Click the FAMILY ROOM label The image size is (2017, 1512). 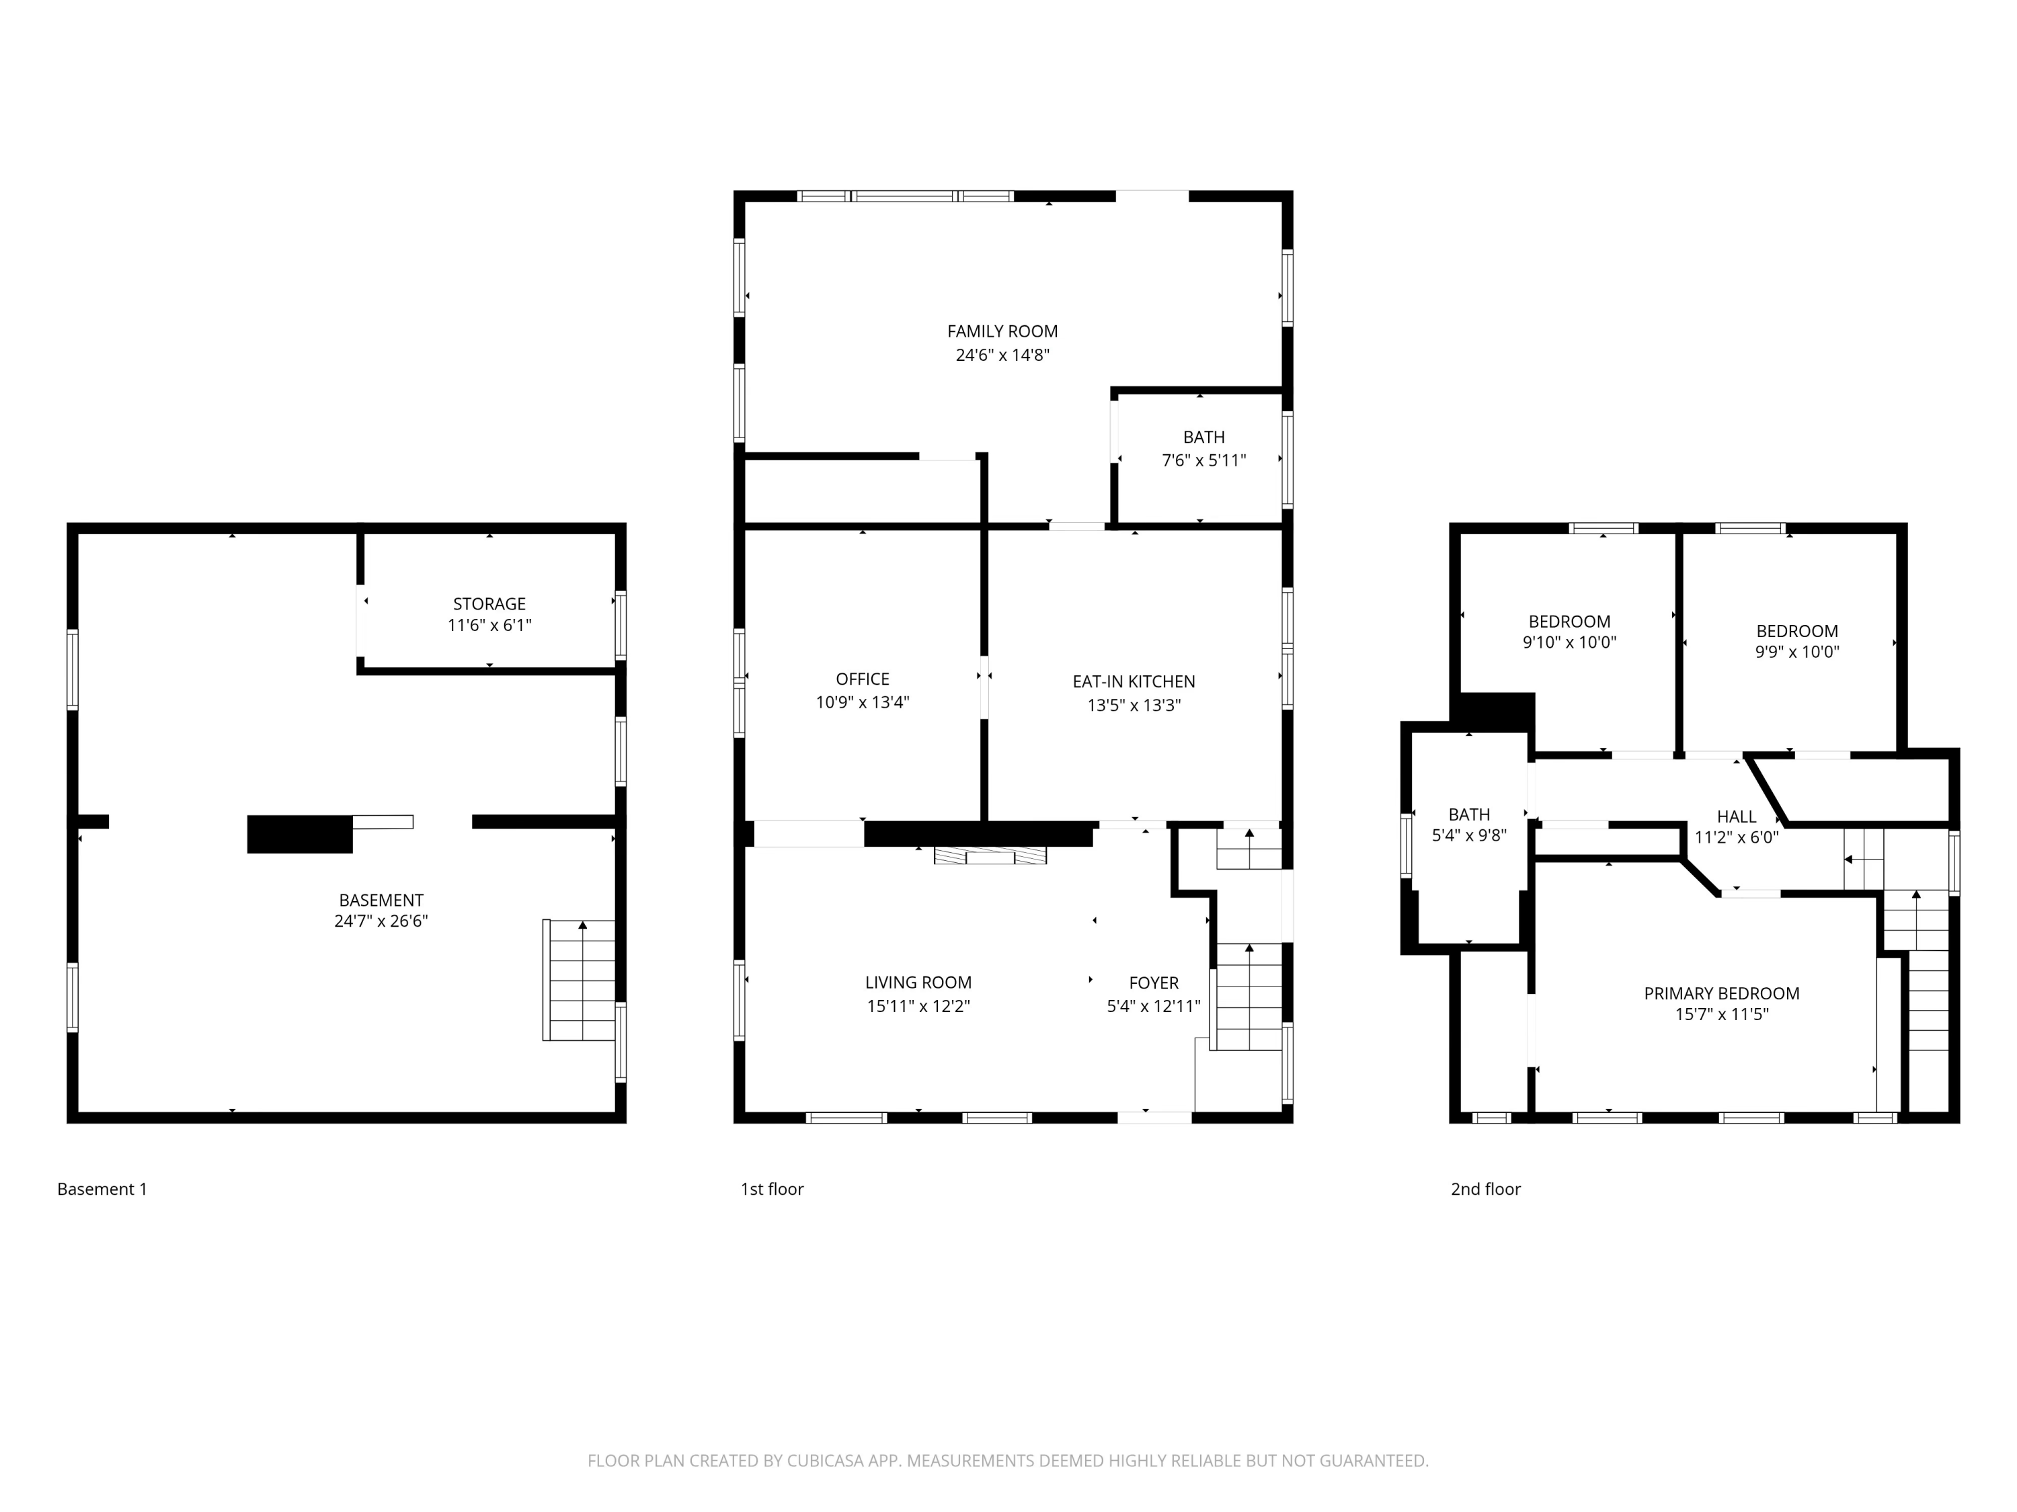pyautogui.click(x=1002, y=332)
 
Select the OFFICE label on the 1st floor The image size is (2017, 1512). pyautogui.click(x=862, y=679)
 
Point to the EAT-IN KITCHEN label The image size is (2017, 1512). pyautogui.click(x=1134, y=681)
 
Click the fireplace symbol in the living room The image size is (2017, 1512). pyautogui.click(x=990, y=856)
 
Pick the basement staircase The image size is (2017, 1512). pyautogui.click(x=580, y=980)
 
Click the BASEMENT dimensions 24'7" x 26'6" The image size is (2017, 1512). pyautogui.click(x=381, y=921)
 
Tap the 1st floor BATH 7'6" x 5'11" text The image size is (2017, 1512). pyautogui.click(x=1203, y=460)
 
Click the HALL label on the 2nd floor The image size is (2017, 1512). pyautogui.click(x=1735, y=816)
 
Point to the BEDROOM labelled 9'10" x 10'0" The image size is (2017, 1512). pyautogui.click(x=1569, y=622)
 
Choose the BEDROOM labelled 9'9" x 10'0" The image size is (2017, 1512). pyautogui.click(x=1796, y=631)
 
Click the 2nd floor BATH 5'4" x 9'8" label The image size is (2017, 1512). pyautogui.click(x=1468, y=814)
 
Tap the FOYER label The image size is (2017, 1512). pyautogui.click(x=1154, y=982)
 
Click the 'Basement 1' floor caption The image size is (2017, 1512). pyautogui.click(x=102, y=1189)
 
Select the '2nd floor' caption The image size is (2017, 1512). pyautogui.click(x=1485, y=1189)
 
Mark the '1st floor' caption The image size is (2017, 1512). pyautogui.click(x=771, y=1189)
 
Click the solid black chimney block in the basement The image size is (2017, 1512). pyautogui.click(x=299, y=834)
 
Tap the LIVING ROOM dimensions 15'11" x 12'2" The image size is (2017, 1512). pyautogui.click(x=918, y=1006)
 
